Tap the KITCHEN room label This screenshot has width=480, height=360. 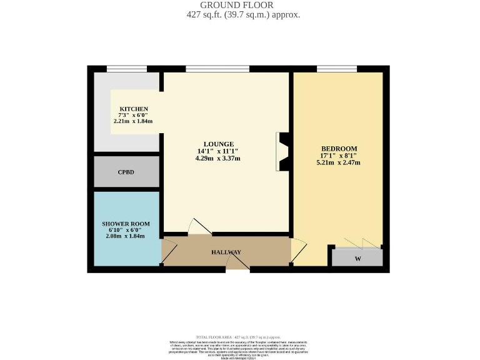tap(134, 109)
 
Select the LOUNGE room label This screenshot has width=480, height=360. tap(217, 143)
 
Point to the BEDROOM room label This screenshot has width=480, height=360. tap(338, 148)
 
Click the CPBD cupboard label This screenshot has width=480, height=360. tap(126, 172)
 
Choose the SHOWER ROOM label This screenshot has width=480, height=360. tap(126, 224)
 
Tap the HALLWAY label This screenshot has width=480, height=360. tap(226, 252)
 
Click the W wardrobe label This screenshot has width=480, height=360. tap(357, 259)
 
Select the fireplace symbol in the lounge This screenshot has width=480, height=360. tap(282, 152)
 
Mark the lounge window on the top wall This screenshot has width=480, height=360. tap(217, 69)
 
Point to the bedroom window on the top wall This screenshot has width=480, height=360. tap(337, 69)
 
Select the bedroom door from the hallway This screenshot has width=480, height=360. tap(298, 249)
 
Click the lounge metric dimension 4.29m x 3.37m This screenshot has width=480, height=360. tap(217, 159)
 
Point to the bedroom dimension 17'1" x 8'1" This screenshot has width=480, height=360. tap(338, 156)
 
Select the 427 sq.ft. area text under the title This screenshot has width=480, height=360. tap(244, 14)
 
